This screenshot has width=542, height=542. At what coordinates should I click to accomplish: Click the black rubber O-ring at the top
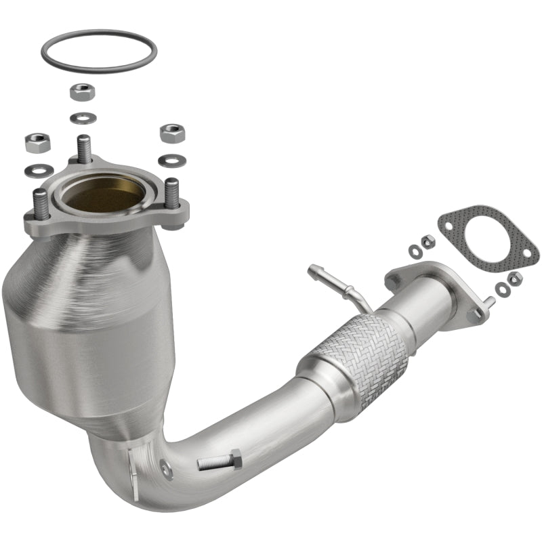98,34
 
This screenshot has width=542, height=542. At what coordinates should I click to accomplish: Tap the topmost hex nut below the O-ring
82,91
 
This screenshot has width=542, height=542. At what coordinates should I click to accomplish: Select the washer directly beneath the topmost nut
82,117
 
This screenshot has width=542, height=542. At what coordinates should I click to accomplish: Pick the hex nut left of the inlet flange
35,143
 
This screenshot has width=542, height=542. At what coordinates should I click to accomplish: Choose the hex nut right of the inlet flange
172,132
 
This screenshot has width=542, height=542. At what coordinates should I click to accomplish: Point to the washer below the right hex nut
168,161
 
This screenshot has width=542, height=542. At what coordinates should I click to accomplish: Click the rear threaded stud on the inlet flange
84,148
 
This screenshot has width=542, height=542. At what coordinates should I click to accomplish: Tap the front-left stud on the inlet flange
40,203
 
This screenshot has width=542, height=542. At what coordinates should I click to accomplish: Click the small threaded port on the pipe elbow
164,467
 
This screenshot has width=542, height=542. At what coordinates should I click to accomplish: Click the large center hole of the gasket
488,238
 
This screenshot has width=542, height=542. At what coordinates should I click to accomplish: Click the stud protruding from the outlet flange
488,304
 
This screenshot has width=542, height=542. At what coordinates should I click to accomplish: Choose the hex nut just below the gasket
514,277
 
